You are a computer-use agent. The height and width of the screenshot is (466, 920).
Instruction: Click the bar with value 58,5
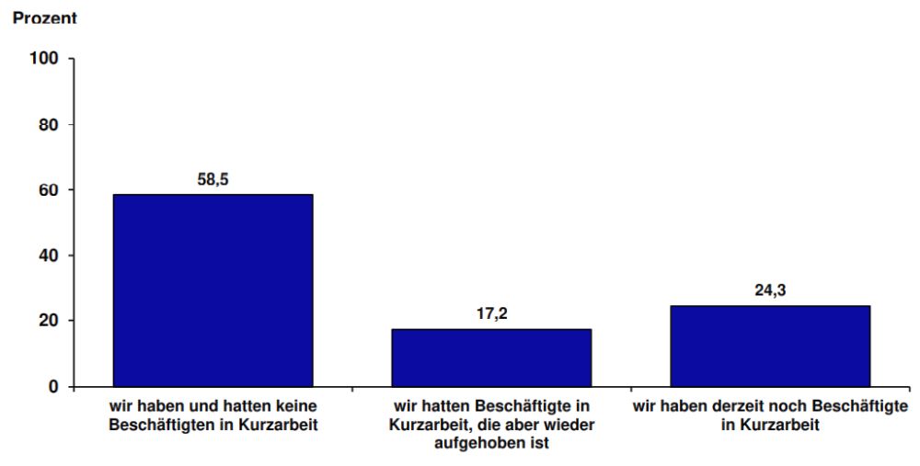click(213, 290)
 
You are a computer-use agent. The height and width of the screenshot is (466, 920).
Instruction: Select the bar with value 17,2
click(491, 357)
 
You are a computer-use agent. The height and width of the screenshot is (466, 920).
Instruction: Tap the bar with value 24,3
click(770, 346)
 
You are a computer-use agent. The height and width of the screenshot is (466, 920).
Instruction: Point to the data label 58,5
click(213, 180)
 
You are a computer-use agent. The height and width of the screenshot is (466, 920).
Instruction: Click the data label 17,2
click(491, 314)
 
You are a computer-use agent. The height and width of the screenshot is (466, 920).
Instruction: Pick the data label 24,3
click(770, 291)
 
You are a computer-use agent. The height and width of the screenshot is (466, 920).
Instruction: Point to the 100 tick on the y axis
click(46, 59)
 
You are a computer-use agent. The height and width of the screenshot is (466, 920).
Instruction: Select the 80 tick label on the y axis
click(50, 124)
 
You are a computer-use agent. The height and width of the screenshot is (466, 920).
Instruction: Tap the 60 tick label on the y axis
click(50, 190)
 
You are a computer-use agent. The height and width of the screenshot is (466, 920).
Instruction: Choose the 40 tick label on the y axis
click(50, 256)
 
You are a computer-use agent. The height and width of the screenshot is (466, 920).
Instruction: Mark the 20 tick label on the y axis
click(50, 321)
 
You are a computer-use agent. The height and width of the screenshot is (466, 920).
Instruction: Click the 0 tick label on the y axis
click(54, 387)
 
